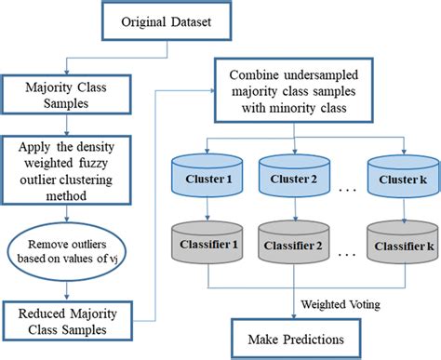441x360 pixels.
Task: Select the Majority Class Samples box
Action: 60,93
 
